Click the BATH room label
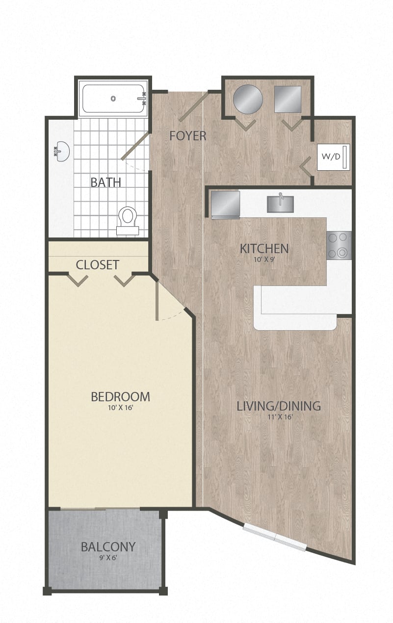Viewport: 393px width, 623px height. pos(105,182)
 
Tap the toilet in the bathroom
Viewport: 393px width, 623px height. pos(128,220)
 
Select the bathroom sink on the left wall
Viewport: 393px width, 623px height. pos(61,152)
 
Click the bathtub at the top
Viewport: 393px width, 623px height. pos(113,99)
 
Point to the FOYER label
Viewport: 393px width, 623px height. pos(187,136)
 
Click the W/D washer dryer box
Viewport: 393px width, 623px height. pos(333,157)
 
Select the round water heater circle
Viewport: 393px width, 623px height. pos(247,99)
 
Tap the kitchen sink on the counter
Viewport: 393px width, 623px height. pos(280,204)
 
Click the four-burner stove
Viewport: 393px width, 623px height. pos(339,245)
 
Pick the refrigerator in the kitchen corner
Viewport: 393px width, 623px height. pos(225,204)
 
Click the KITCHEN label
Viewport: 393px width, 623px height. pos(264,249)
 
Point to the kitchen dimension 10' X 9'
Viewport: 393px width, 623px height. pos(264,260)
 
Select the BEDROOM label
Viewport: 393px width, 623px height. pos(120,396)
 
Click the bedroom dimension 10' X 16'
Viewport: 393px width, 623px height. pos(120,408)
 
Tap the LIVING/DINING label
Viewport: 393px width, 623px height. pos(279,406)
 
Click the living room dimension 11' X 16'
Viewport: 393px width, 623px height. pos(279,417)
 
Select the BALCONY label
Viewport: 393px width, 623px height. pos(108,546)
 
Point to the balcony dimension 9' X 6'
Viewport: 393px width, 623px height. pos(108,557)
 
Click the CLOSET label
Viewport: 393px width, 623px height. pos(97,265)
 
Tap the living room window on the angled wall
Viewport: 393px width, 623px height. pos(275,537)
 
